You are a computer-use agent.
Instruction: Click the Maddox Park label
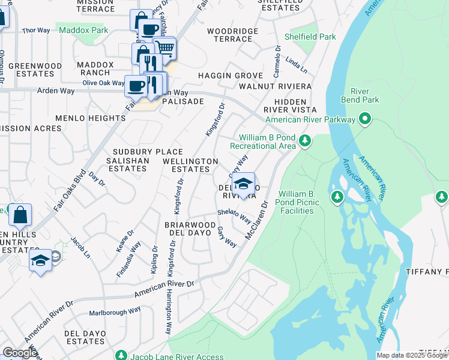pos(83,29)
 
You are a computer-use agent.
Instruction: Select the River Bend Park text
pos(360,95)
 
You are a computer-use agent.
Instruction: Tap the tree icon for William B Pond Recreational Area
pos(306,142)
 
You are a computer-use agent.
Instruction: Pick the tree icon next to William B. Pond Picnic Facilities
pos(337,197)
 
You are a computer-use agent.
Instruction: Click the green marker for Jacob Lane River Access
pos(122,356)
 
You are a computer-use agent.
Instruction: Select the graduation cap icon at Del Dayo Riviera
pos(243,184)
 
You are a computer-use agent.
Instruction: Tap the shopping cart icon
pos(164,47)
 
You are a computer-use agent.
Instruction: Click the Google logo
pos(19,353)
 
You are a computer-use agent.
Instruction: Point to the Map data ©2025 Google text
pos(412,355)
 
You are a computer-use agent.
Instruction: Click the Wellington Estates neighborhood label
pos(191,166)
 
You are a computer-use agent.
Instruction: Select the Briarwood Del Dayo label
pos(190,229)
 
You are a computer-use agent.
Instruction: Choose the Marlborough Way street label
pos(115,310)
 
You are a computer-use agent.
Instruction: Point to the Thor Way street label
pos(35,30)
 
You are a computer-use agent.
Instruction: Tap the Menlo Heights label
pos(90,118)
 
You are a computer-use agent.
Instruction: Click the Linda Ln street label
pos(293,62)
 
